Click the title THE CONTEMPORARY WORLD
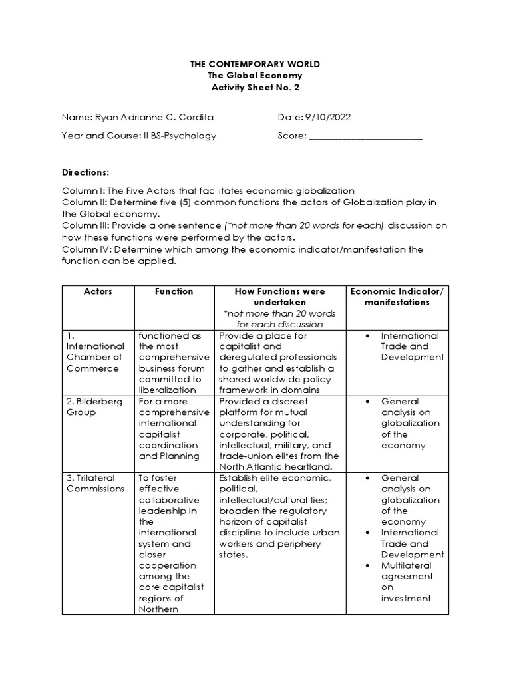point(255,64)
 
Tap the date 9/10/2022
point(327,118)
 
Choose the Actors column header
point(98,291)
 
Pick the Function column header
point(174,291)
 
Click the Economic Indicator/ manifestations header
point(397,297)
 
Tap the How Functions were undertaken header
point(279,297)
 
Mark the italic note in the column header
point(279,319)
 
